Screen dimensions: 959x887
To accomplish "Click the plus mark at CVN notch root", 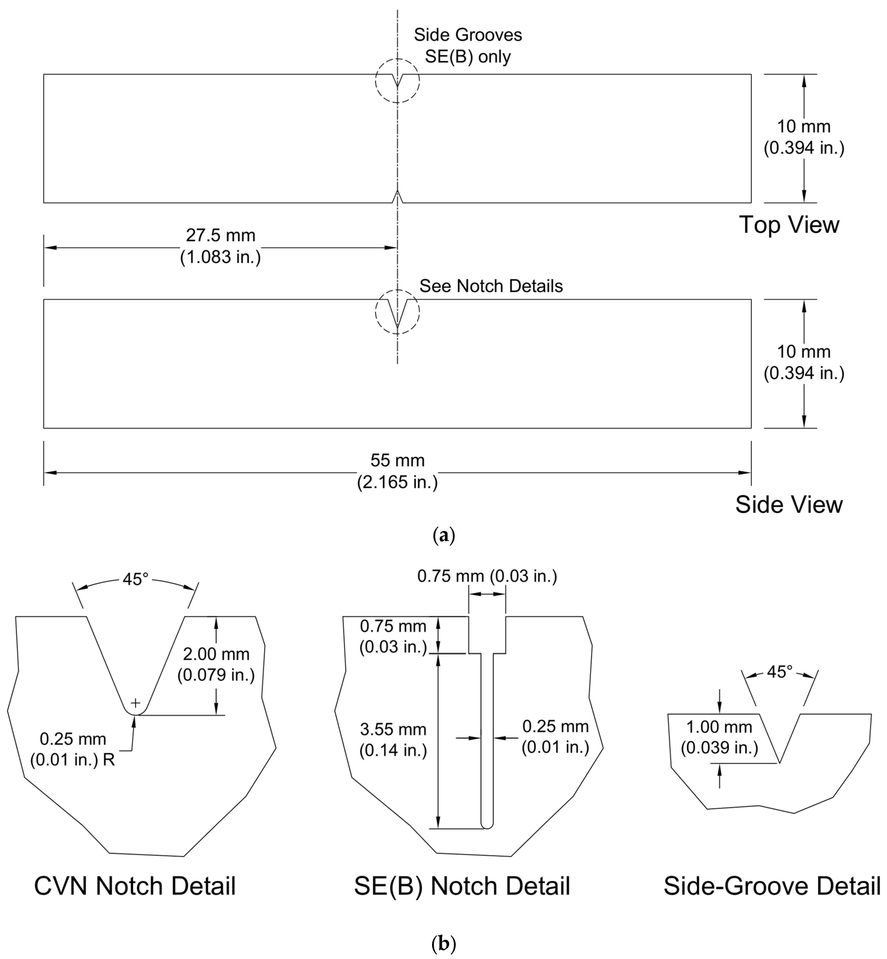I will pos(136,703).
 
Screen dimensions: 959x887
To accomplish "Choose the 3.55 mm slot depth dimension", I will pos(393,740).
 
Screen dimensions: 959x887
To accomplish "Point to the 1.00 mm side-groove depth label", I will pos(719,737).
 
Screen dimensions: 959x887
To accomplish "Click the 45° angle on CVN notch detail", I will pos(135,579).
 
